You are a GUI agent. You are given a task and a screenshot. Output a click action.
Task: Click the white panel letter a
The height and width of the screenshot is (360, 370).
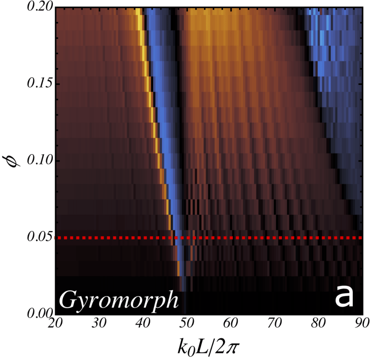pyautogui.click(x=343, y=297)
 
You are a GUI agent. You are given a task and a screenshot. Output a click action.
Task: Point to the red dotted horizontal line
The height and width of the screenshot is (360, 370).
pyautogui.click(x=253, y=238)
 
